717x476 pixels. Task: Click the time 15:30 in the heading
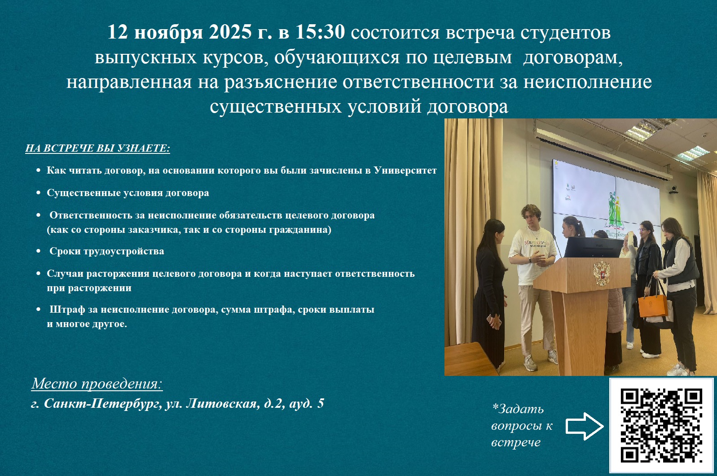[320, 32]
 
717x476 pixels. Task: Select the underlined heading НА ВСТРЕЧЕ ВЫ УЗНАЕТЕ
[97, 148]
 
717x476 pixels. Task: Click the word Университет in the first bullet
[405, 170]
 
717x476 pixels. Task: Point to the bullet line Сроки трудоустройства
[106, 251]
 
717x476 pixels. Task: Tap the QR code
[661, 425]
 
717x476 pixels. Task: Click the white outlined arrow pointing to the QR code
[585, 426]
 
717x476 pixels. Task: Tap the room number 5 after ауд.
[321, 403]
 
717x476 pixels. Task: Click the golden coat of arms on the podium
[601, 273]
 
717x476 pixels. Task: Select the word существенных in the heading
[276, 106]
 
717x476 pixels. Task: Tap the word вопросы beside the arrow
[517, 426]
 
